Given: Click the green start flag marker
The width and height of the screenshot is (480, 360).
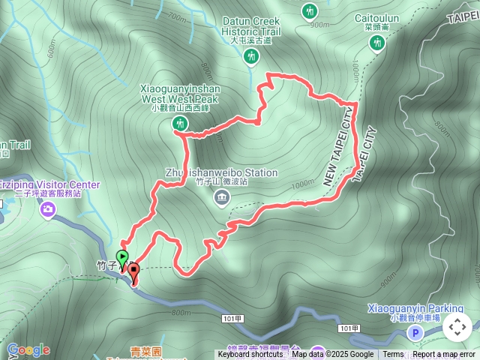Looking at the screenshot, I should [x=123, y=257].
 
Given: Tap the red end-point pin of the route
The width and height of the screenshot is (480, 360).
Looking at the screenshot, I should [x=133, y=272].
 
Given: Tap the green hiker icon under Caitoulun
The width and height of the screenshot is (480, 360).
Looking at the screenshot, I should [x=376, y=46].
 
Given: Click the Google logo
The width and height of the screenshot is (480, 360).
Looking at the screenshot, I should [x=28, y=349].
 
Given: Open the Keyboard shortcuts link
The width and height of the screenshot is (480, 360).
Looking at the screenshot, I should [x=250, y=355].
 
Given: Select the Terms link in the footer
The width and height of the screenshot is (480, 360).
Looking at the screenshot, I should [x=393, y=355].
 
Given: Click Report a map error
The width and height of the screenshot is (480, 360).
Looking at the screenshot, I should [x=444, y=355].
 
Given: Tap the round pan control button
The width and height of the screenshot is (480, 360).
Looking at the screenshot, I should [x=457, y=327].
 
